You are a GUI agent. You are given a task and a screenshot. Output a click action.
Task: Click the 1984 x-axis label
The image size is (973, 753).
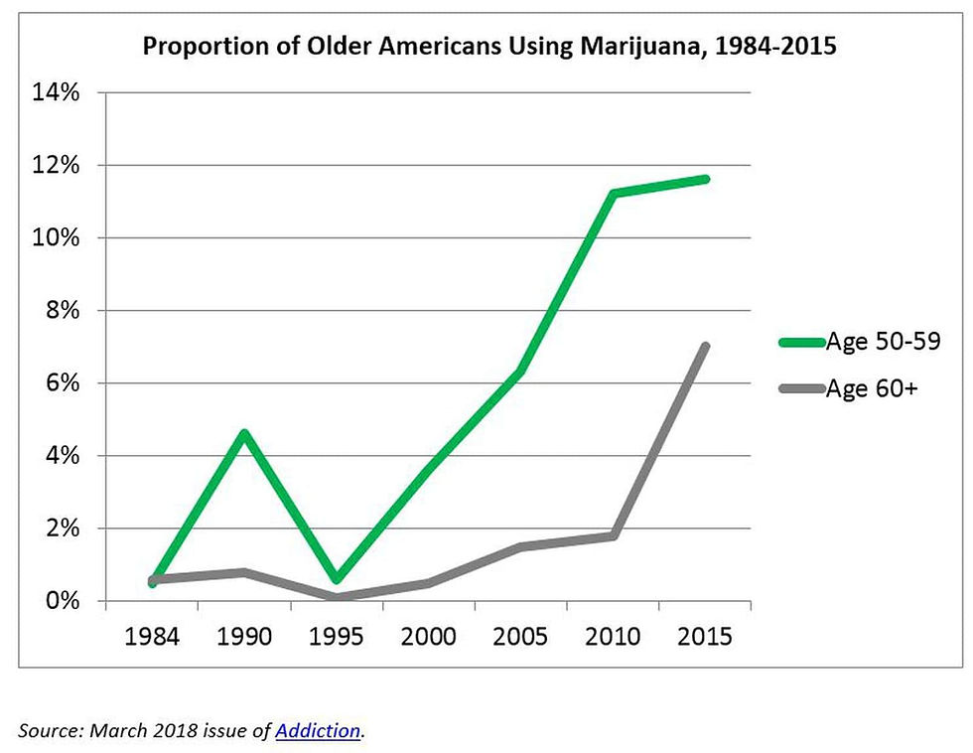point(152,637)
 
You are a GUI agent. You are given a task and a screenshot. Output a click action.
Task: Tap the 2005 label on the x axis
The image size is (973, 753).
point(520,637)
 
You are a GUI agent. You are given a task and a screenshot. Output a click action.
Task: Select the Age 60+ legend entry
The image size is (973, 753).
point(871,389)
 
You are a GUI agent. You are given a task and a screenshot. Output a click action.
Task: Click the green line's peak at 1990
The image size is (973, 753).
point(244,433)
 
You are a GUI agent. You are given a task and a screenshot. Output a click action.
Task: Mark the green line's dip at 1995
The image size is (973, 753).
point(337,579)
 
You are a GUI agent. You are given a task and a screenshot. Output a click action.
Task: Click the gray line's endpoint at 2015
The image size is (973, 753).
point(705,347)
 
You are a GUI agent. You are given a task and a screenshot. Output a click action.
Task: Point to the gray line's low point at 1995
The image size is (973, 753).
point(337,598)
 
